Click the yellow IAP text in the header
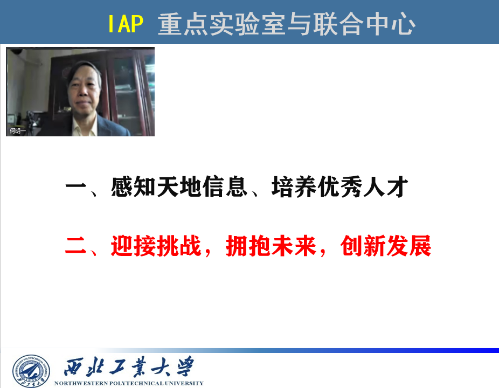click(126, 24)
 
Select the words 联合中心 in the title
click(364, 24)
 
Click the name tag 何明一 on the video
click(17, 130)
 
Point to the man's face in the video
click(84, 92)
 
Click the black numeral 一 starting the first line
click(76, 186)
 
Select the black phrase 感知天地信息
click(179, 186)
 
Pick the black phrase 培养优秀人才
click(339, 186)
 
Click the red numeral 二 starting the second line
click(76, 246)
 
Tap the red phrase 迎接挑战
click(156, 246)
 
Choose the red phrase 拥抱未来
click(271, 246)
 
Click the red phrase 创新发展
click(385, 246)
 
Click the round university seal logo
click(31, 371)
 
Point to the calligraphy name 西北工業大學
click(129, 367)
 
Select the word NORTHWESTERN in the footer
click(81, 383)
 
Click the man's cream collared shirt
click(84, 126)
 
